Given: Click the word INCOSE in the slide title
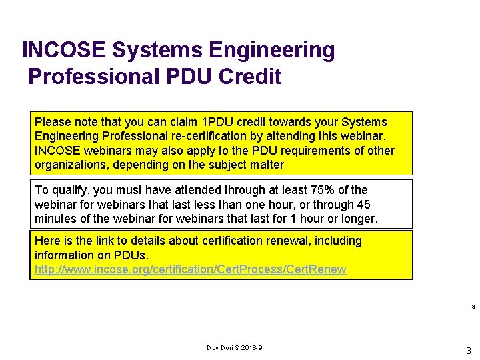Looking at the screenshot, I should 64,50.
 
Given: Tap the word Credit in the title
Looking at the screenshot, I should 250,77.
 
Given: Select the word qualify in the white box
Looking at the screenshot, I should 69,190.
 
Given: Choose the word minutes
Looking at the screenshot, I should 56,219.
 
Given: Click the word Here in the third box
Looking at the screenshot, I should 47,241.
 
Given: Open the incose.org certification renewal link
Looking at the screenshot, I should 190,269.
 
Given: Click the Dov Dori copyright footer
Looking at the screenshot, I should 235,348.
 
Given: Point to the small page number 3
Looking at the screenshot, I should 473,307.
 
